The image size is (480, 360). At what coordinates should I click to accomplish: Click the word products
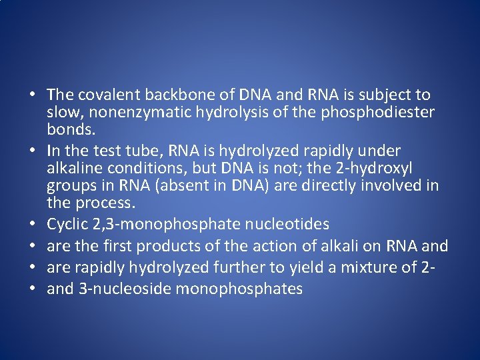[163, 245]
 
